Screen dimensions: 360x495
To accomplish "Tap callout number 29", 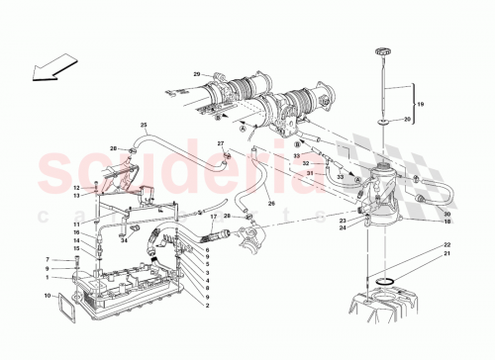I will coord(197,75).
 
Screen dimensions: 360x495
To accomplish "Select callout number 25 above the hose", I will coord(144,125).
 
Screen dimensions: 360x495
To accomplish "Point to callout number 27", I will coord(222,143).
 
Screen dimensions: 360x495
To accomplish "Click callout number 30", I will coord(445,215).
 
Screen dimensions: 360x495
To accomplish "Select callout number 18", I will coord(445,224).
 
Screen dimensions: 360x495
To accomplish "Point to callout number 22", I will coord(446,244).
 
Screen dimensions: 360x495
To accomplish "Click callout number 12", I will coord(75,187).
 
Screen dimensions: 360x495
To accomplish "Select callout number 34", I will coord(126,238).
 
